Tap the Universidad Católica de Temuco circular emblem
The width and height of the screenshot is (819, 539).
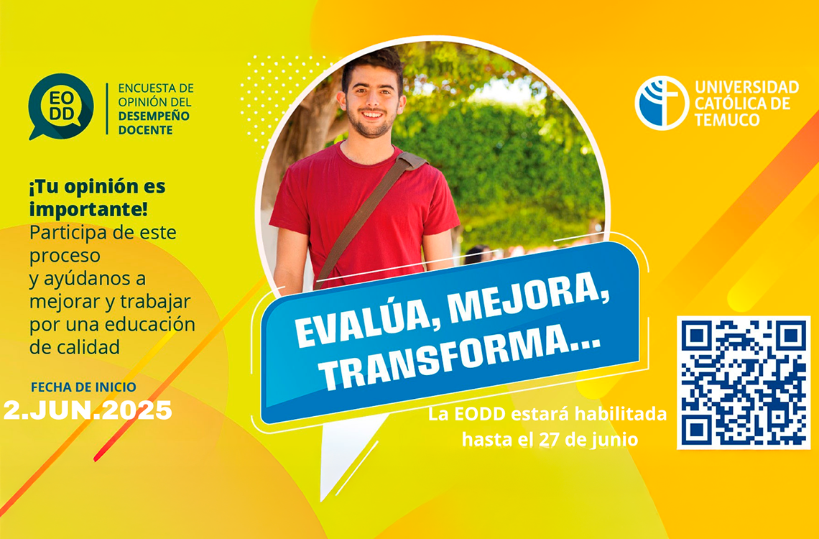[x=662, y=103]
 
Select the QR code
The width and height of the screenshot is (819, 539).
[x=744, y=382]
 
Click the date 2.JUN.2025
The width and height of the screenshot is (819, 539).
[x=88, y=410]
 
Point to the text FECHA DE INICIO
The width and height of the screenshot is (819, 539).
[x=83, y=387]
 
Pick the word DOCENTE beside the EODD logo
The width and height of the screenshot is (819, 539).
[x=145, y=130]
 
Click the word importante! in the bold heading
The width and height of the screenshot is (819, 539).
[x=88, y=209]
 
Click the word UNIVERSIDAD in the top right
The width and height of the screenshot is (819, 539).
[x=747, y=87]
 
